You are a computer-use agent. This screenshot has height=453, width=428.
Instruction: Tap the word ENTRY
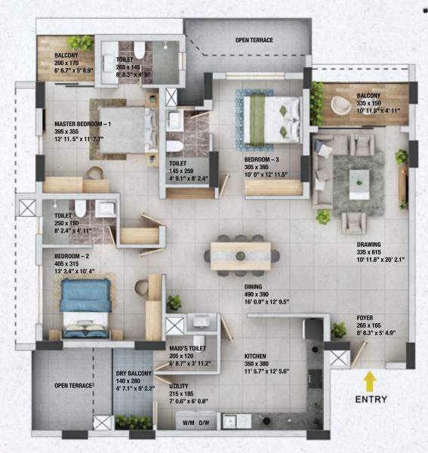(x=370, y=399)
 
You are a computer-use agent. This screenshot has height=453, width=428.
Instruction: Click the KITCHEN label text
(x=256, y=354)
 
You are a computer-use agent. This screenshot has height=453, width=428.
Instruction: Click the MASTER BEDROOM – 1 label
(x=83, y=124)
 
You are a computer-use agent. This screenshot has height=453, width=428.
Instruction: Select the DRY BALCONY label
(x=134, y=373)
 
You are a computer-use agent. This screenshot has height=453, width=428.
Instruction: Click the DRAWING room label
(x=371, y=245)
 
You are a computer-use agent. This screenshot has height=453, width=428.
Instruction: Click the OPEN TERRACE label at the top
(x=254, y=39)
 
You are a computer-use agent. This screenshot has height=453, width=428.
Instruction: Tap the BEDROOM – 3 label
(x=261, y=160)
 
